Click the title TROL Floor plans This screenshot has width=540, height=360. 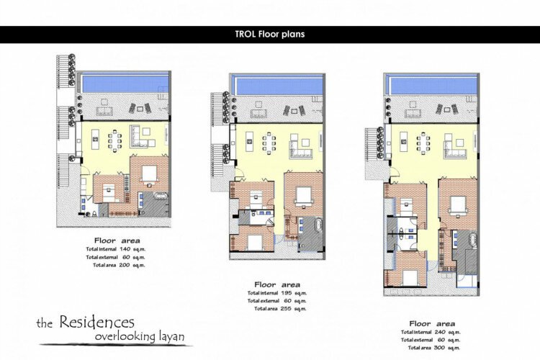pyautogui.click(x=270, y=34)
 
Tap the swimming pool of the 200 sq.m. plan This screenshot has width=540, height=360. pyautogui.click(x=125, y=84)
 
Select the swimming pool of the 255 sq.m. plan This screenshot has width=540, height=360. pyautogui.click(x=279, y=86)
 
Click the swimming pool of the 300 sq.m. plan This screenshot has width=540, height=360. pyautogui.click(x=433, y=86)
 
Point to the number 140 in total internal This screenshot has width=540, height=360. pyautogui.click(x=125, y=249)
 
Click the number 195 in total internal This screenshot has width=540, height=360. pyautogui.click(x=286, y=293)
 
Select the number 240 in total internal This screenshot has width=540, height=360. pyautogui.click(x=440, y=332)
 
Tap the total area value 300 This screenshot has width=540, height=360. pyautogui.click(x=439, y=348)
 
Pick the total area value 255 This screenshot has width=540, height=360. pyautogui.click(x=286, y=309)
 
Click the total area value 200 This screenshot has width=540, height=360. pyautogui.click(x=125, y=265)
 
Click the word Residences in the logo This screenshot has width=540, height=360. pyautogui.click(x=96, y=322)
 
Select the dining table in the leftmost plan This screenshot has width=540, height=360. pyautogui.click(x=114, y=140)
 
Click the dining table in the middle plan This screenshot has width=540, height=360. pyautogui.click(x=269, y=143)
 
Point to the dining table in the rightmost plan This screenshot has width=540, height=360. pyautogui.click(x=423, y=143)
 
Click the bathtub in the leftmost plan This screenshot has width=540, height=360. pyautogui.click(x=161, y=197)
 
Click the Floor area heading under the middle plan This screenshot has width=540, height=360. pyautogui.click(x=277, y=284)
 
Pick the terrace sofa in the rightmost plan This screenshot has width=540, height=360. pyautogui.click(x=413, y=112)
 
